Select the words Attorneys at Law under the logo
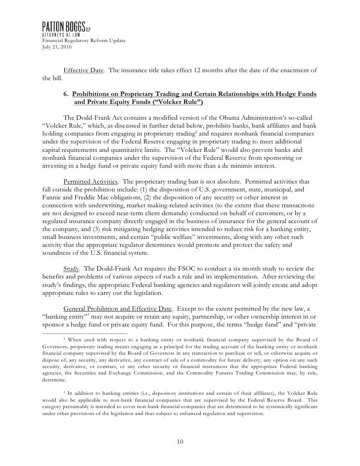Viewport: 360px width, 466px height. [x=62, y=34]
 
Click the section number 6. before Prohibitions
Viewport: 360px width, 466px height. [x=67, y=94]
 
